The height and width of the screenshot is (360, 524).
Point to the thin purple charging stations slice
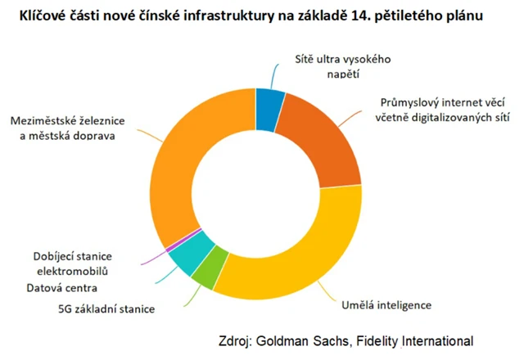click(x=169, y=246)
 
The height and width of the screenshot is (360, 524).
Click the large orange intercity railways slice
click(x=184, y=164)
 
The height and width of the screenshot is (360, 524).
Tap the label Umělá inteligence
click(x=385, y=305)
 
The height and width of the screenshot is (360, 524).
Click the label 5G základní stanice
click(x=106, y=309)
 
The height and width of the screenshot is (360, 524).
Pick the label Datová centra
click(x=62, y=288)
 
